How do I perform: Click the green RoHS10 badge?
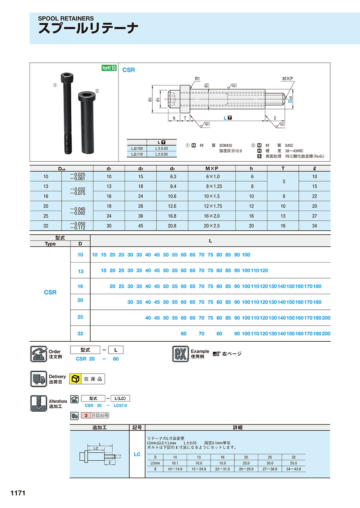(108, 68)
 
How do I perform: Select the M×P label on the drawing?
(287, 79)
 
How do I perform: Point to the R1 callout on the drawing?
(197, 79)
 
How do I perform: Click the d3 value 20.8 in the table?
(172, 226)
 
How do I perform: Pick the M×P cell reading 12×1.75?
(212, 206)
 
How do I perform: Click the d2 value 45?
(141, 226)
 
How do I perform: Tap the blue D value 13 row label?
(81, 271)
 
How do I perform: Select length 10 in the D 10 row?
(95, 255)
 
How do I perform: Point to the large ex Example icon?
(180, 354)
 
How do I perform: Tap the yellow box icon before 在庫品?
(75, 379)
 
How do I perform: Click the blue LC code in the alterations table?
(137, 454)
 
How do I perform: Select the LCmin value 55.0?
(294, 463)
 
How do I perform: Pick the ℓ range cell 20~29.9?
(246, 469)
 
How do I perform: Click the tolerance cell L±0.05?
(162, 154)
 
